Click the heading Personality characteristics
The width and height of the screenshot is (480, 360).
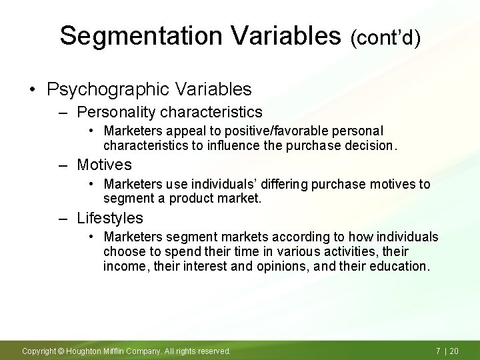coord(169,111)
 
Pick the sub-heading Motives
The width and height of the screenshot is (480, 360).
coord(104,164)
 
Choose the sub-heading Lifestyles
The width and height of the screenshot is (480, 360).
coord(110,217)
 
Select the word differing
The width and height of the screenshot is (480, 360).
coord(282,184)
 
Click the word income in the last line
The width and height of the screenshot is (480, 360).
coord(122,266)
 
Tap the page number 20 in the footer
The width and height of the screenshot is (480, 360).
coord(456,351)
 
